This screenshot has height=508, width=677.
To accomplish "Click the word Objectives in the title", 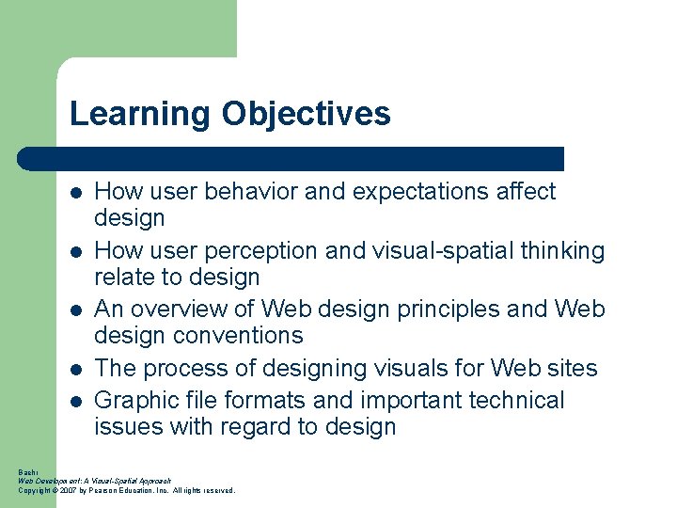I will pos(306,115).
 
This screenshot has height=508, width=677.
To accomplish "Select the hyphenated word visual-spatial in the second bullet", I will pos(441,251).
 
